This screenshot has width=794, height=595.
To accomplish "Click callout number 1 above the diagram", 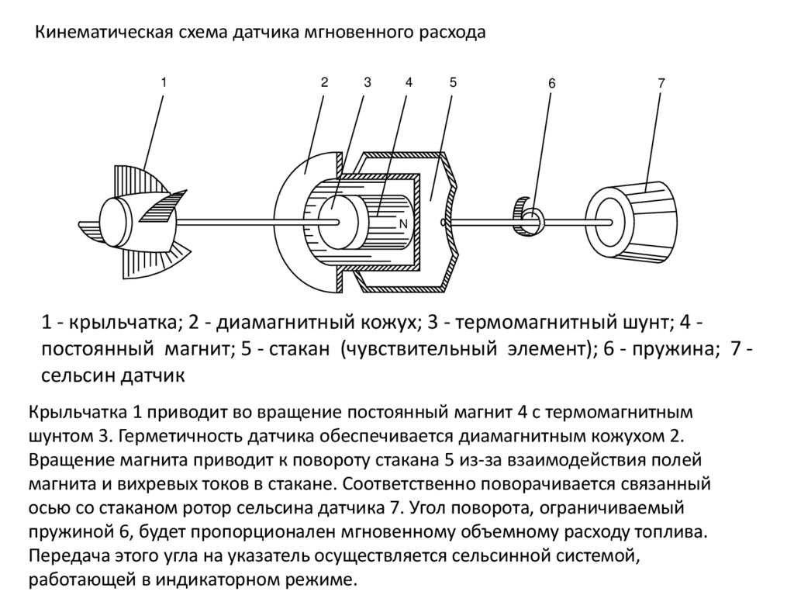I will (164, 81).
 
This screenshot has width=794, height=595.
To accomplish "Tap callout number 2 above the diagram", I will (324, 81).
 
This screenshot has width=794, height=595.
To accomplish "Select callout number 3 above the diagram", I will (368, 81).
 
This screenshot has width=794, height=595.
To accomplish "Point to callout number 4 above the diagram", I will (409, 81).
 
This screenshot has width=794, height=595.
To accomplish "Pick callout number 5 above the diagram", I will (453, 81).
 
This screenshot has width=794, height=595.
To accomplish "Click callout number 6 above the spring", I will (551, 84).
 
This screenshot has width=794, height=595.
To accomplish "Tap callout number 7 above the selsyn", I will (661, 81).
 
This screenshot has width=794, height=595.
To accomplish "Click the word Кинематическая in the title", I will (102, 33).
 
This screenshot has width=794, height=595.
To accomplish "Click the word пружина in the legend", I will (671, 348).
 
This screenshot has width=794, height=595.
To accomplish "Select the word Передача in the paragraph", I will (66, 556).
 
